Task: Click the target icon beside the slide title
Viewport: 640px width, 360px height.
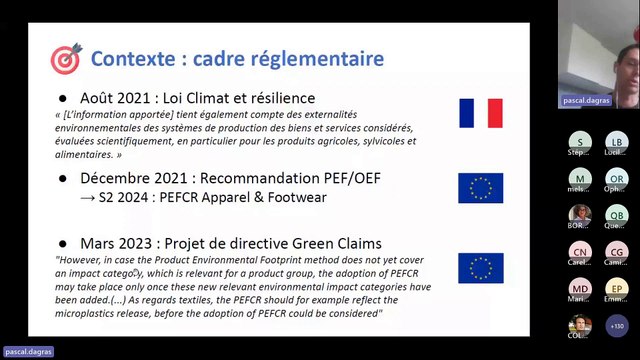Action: pyautogui.click(x=65, y=59)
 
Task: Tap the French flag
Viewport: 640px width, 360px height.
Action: pyautogui.click(x=480, y=113)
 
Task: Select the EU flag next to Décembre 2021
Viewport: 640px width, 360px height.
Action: pyautogui.click(x=480, y=187)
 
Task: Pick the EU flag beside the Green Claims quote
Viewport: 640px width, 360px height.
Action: pyautogui.click(x=480, y=268)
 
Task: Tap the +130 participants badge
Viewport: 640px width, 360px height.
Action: pyautogui.click(x=617, y=326)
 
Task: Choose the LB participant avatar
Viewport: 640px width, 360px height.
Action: pyautogui.click(x=616, y=142)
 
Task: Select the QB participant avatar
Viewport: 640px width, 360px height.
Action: pyautogui.click(x=616, y=215)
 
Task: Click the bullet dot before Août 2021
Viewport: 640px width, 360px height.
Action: pyautogui.click(x=62, y=99)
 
